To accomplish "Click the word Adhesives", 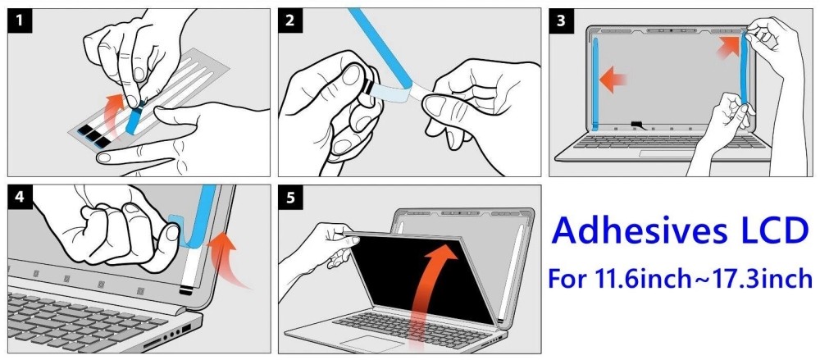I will (x=644, y=232).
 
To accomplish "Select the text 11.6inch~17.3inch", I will (x=703, y=279).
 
